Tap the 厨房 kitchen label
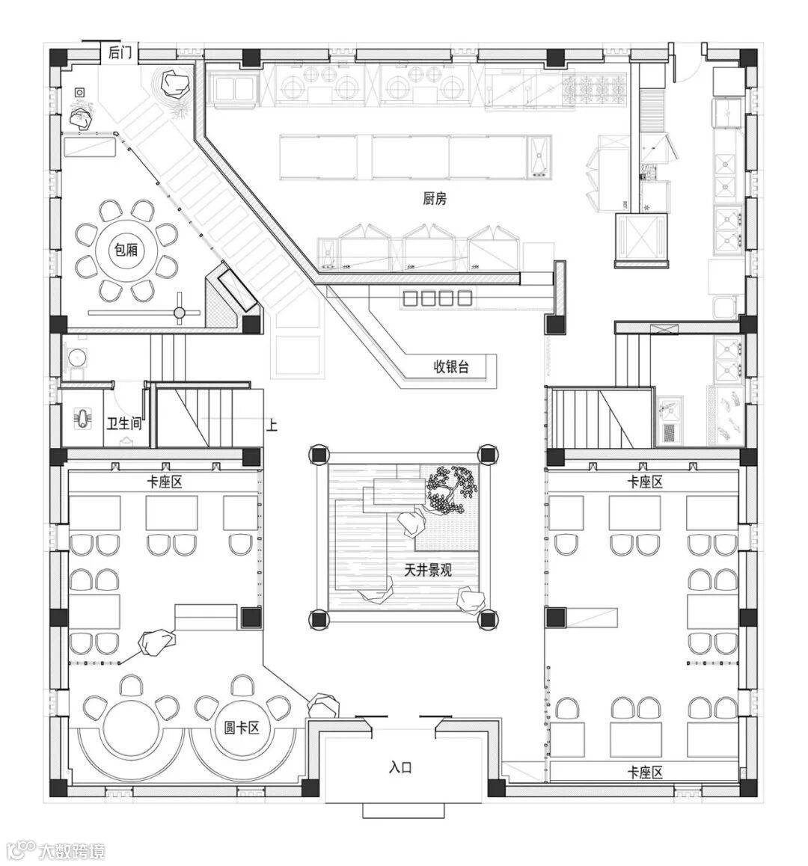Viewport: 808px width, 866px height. (x=435, y=199)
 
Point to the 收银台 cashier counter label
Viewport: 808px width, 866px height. (x=452, y=366)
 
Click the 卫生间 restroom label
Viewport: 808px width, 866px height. (x=124, y=424)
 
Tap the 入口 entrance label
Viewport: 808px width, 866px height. (x=401, y=767)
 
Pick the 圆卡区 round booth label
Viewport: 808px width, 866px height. (x=242, y=727)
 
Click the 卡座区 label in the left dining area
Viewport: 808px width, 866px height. (x=165, y=482)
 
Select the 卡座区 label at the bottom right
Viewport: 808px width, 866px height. (x=645, y=772)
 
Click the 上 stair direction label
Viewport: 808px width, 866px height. (x=272, y=425)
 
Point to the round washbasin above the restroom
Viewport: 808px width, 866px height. (x=75, y=357)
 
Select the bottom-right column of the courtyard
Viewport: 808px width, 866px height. (x=487, y=618)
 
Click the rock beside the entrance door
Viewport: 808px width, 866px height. (x=323, y=704)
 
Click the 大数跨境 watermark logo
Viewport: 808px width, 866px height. (x=56, y=850)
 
